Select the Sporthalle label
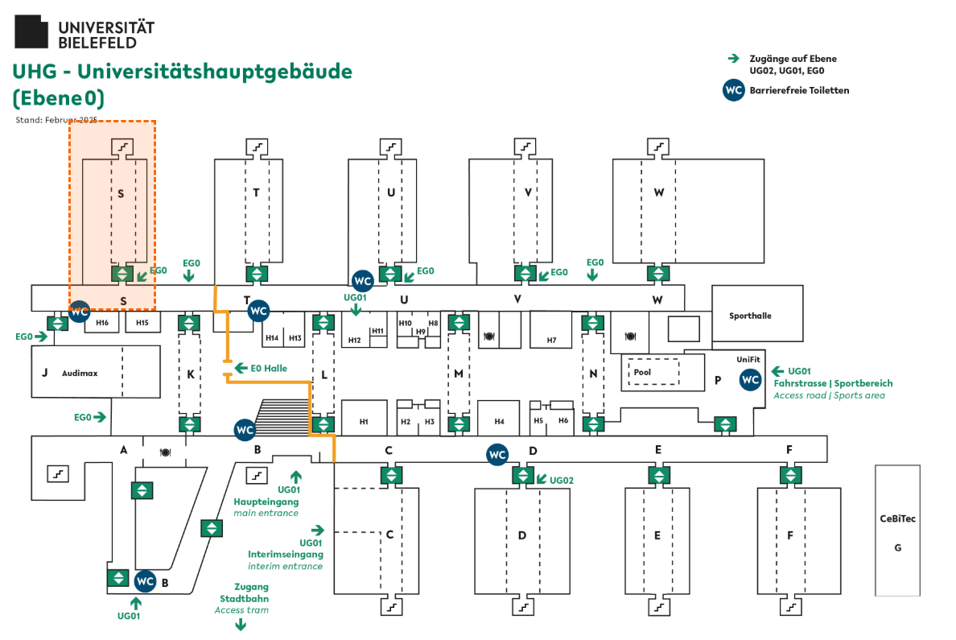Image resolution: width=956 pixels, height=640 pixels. coord(750,316)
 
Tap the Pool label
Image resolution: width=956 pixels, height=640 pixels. coord(642,373)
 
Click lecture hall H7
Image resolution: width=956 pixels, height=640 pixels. coord(551,340)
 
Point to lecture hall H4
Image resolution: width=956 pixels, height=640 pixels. coord(499,421)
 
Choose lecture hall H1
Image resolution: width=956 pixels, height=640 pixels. coord(364,421)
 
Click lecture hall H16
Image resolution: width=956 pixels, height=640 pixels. coord(102,323)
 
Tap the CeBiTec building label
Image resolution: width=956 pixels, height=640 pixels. coord(898,518)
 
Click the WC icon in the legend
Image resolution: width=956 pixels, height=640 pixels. coord(733,90)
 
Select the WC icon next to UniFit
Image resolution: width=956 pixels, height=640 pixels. coord(751,380)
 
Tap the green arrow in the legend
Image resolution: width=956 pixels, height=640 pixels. coord(733,59)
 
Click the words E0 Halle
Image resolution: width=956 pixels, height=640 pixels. coord(269,368)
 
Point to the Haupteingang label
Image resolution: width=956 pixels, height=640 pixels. coord(266,502)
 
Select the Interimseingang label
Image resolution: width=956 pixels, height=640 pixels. coord(286,554)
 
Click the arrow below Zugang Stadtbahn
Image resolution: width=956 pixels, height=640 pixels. coord(241,624)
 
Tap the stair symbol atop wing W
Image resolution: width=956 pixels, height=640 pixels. coord(659,147)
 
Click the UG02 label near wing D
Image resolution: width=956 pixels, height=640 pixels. coord(562,480)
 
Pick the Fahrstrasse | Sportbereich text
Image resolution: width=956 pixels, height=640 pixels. coord(833,383)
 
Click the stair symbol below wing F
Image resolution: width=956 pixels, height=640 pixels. coord(790,605)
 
